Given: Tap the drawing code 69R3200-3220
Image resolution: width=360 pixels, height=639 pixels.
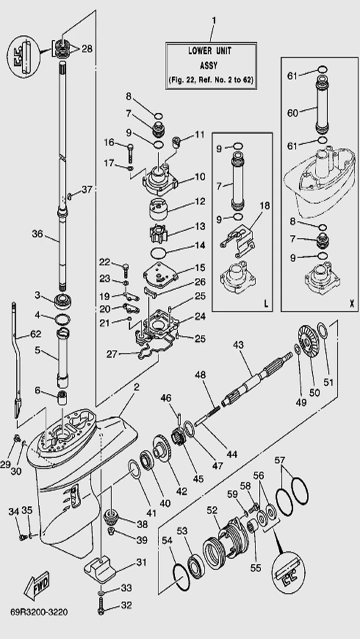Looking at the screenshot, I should (39, 612).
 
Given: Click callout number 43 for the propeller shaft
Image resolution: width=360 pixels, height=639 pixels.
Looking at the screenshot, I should (238, 345).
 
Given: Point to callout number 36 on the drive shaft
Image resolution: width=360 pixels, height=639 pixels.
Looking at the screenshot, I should (37, 234).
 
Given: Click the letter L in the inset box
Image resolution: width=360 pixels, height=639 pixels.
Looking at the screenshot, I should (265, 303).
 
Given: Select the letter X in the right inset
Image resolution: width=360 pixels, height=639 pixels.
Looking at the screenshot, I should (350, 303).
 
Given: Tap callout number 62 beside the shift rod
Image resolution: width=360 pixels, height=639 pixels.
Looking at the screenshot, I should (36, 335).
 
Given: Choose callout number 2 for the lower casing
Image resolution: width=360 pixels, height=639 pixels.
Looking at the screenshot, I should (136, 386).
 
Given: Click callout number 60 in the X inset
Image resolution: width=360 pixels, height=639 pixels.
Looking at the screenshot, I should (292, 113).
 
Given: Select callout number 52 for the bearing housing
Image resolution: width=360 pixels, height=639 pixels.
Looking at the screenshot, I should (212, 509).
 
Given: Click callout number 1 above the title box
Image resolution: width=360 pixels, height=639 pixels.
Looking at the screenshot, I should (213, 21).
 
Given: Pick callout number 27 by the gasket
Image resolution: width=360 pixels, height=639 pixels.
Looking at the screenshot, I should (112, 353).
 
